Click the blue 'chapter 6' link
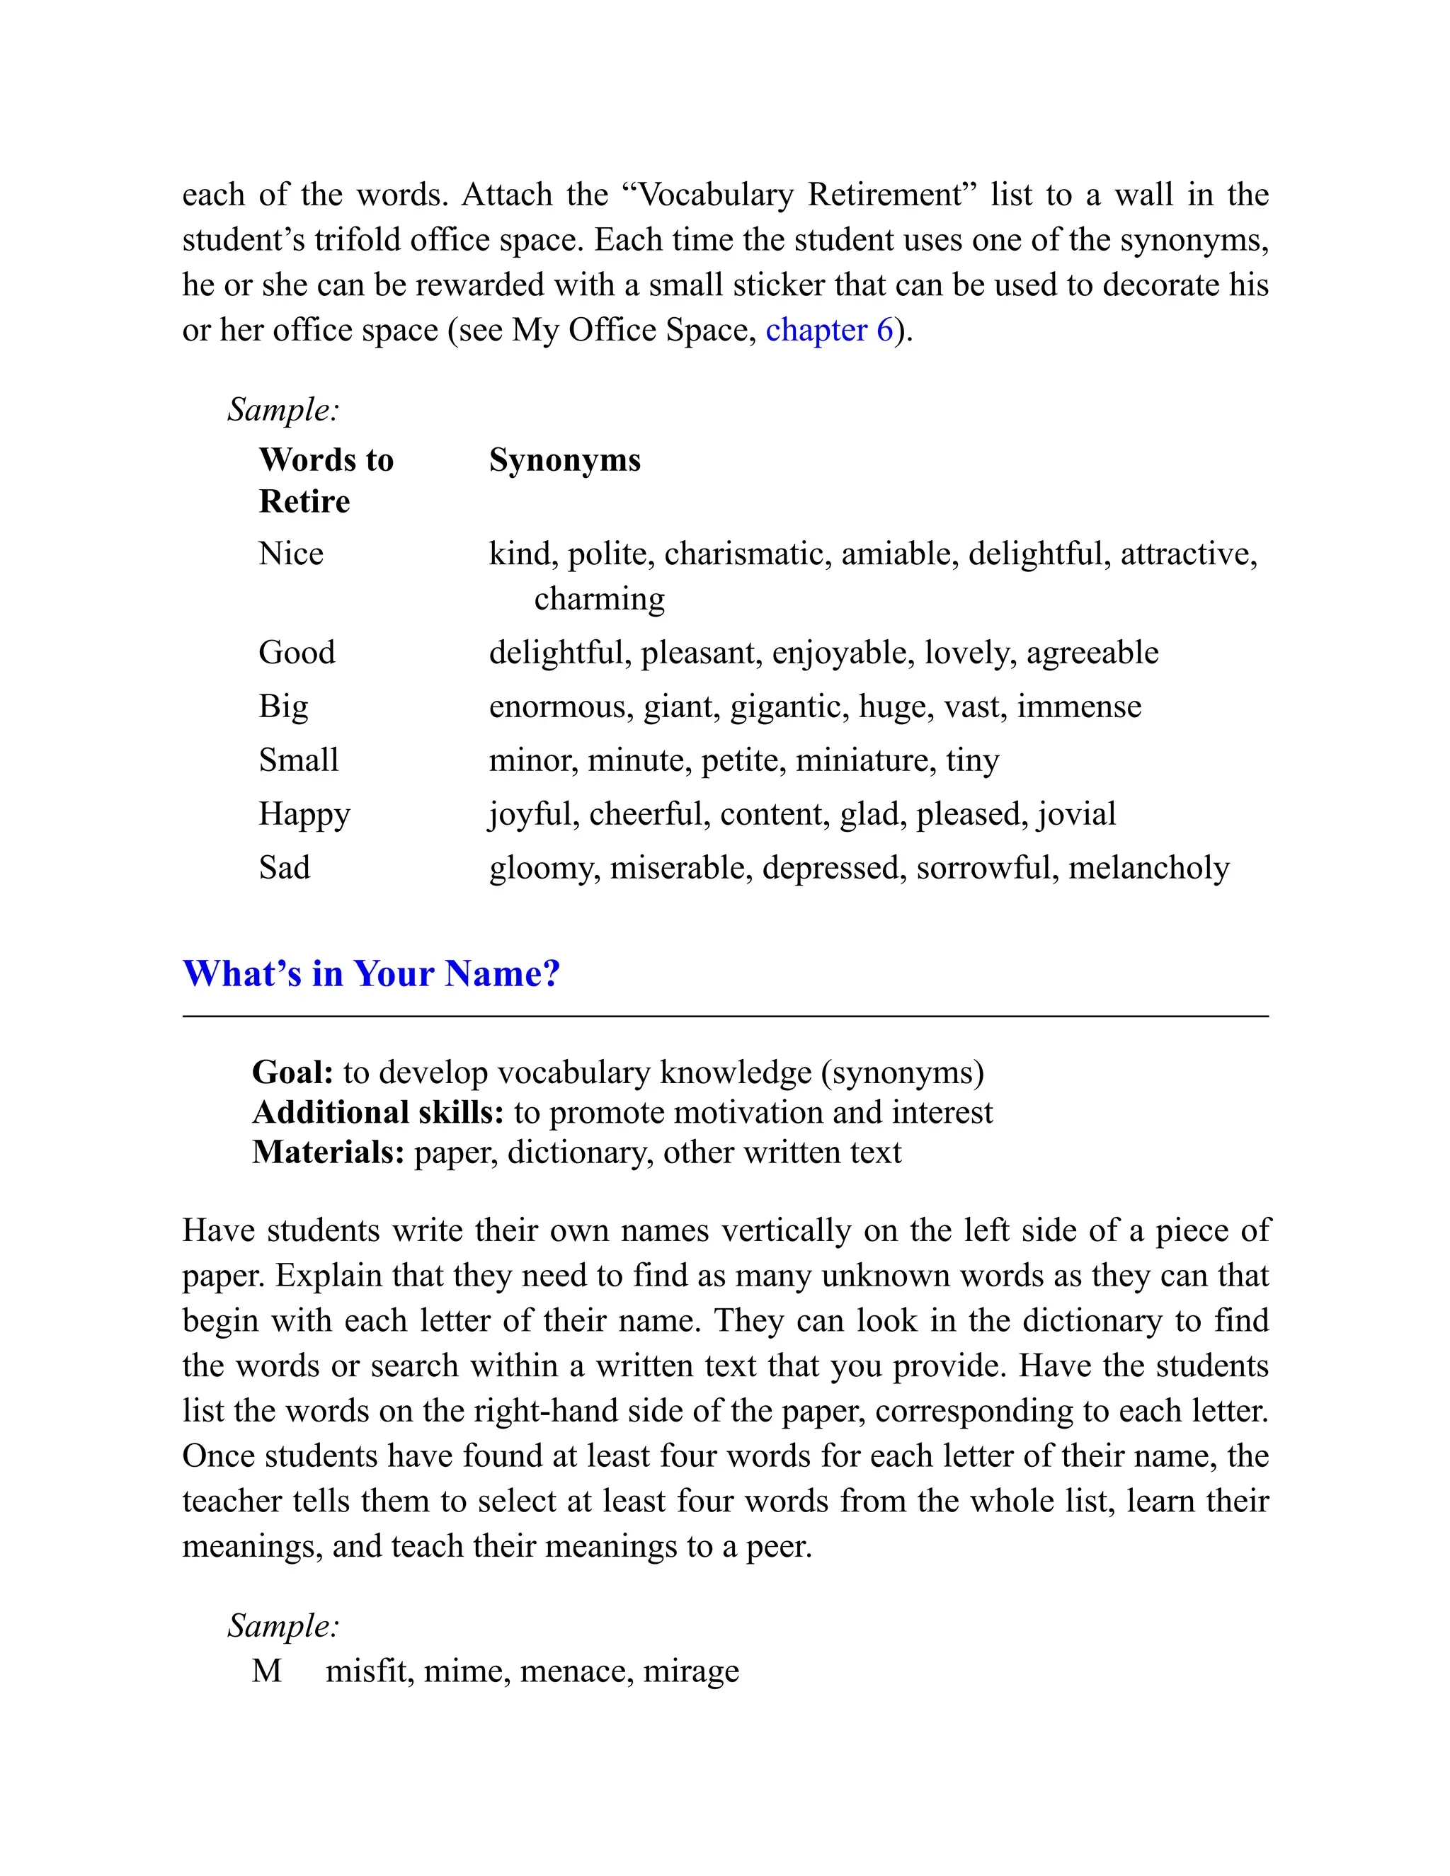click(829, 330)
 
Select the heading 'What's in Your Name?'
click(371, 973)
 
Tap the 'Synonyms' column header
click(564, 459)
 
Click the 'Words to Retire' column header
click(326, 479)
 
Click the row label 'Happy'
click(304, 813)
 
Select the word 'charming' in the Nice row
click(599, 599)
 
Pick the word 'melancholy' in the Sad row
click(1148, 868)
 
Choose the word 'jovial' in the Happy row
click(1076, 813)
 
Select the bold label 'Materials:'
click(327, 1152)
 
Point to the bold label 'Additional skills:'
click(378, 1112)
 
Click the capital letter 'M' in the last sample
click(266, 1671)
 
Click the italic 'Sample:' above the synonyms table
click(283, 410)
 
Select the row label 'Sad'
click(285, 868)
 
